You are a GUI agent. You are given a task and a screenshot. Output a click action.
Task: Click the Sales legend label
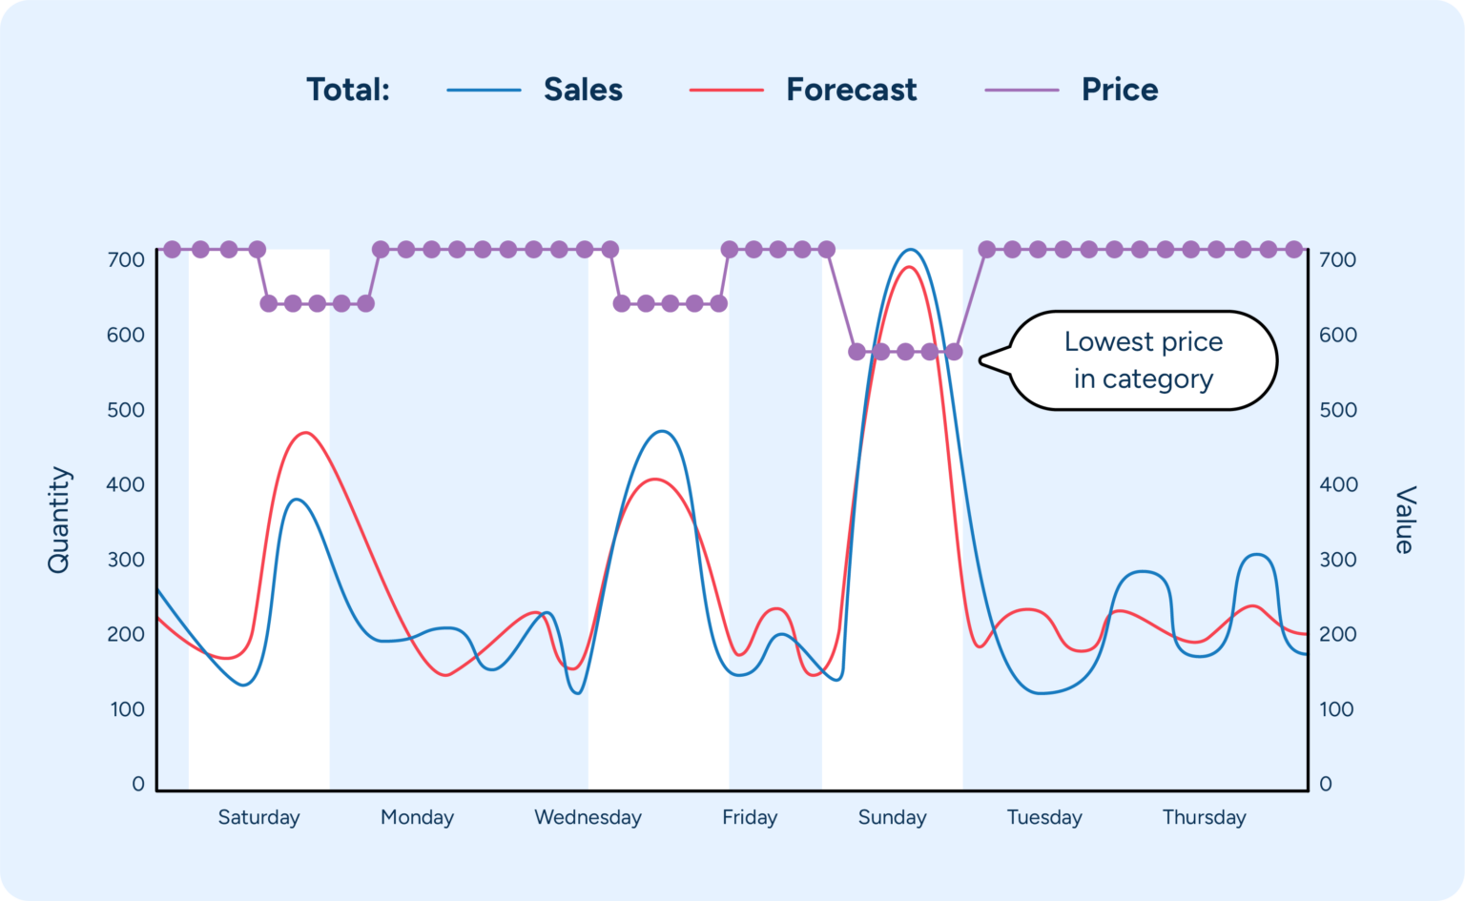click(x=583, y=90)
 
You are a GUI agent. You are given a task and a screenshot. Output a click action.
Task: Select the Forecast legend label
click(x=851, y=90)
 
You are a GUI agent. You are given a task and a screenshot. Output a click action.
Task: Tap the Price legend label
click(x=1120, y=90)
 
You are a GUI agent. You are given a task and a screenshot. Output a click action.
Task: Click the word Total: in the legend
click(x=348, y=90)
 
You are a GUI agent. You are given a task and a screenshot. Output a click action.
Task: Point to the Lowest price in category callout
click(x=1143, y=360)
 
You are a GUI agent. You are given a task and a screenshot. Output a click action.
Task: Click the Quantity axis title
click(x=59, y=520)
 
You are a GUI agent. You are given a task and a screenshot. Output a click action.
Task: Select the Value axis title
click(x=1404, y=520)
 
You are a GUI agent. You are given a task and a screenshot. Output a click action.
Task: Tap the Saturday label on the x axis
click(x=258, y=817)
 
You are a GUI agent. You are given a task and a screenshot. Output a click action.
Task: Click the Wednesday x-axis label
click(x=588, y=817)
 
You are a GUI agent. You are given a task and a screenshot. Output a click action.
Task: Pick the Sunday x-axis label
click(x=892, y=817)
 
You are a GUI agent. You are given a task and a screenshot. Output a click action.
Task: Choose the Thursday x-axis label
click(x=1204, y=817)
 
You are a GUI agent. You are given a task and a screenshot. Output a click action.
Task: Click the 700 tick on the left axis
click(x=126, y=259)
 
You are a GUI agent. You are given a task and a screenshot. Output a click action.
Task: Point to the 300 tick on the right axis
click(x=1337, y=560)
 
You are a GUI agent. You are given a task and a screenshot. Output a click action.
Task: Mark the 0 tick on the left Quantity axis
click(x=138, y=784)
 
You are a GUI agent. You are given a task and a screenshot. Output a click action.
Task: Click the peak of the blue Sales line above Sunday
click(x=912, y=251)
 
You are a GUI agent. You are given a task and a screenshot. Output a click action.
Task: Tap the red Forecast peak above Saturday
click(x=305, y=433)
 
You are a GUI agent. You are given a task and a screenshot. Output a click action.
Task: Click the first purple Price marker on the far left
click(x=173, y=250)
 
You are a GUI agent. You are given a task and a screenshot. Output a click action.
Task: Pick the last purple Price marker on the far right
click(x=1294, y=250)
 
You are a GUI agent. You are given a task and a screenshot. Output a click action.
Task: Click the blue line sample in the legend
click(x=484, y=90)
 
